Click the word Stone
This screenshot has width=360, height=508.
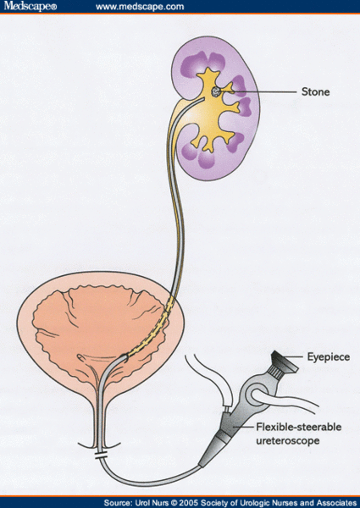pos(315,91)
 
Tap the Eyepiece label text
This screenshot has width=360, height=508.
pos(329,357)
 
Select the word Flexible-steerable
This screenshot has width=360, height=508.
pos(299,427)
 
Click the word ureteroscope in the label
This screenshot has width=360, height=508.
pos(288,440)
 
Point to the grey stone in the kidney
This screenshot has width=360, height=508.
pos(216,91)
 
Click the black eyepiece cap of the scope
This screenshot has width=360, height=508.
pos(284,362)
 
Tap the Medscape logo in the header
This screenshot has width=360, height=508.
pos(30,6)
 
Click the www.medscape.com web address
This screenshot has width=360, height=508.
pos(140,7)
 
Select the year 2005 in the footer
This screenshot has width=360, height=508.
pos(190,503)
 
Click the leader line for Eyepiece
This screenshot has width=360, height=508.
pos(293,356)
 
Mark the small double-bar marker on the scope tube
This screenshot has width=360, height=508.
pos(101,456)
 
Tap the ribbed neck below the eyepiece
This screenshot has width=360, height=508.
pos(276,373)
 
